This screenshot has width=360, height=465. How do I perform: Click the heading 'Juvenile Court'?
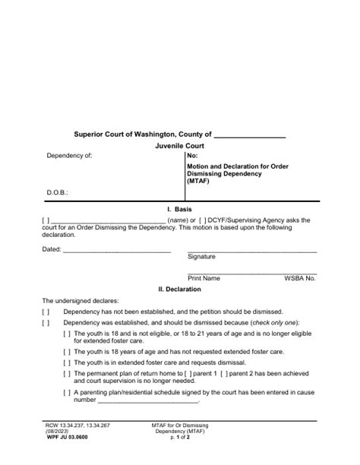coord(179,146)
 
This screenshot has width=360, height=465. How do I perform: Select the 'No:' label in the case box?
coord(192,156)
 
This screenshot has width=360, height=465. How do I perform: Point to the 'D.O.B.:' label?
coord(58,193)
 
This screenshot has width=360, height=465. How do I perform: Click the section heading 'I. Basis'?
coord(179,208)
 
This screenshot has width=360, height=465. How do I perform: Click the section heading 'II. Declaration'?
coord(179,289)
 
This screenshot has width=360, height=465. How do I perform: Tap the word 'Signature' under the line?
coord(201,258)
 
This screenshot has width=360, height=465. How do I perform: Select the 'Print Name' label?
coord(204,279)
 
